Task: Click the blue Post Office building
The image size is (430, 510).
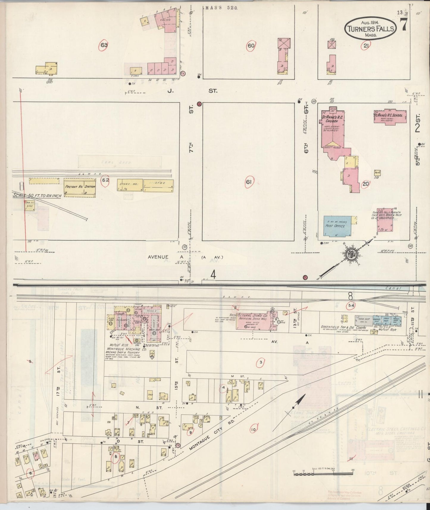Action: coord(337,226)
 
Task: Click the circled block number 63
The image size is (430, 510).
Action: coord(104,45)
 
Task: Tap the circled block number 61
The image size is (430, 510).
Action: coord(249,182)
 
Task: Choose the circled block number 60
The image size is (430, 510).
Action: coord(251,46)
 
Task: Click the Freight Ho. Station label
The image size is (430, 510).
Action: coord(80,187)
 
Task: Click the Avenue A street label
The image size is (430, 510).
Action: coord(158,257)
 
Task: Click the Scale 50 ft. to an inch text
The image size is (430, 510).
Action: coord(36,195)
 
